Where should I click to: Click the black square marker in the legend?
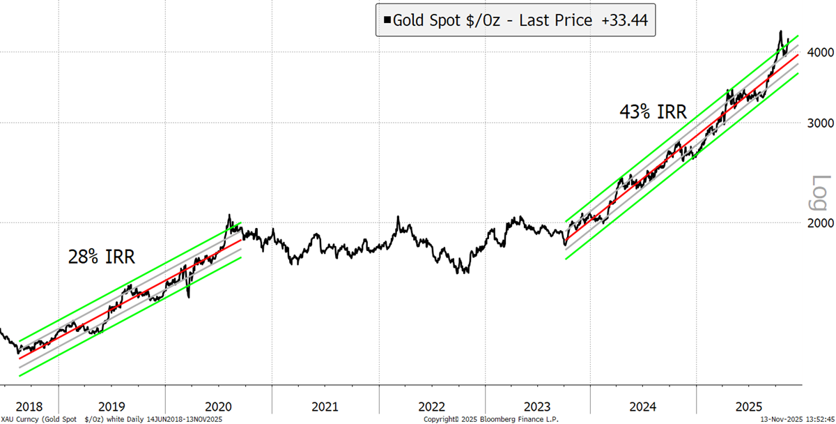386,21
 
